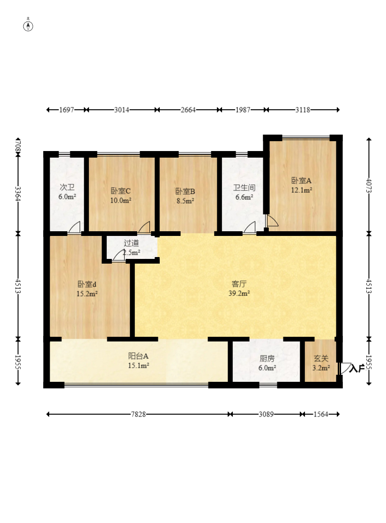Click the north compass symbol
(28, 25)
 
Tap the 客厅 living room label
(239, 284)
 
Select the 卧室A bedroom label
(301, 181)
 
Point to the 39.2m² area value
(239, 294)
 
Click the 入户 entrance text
(357, 369)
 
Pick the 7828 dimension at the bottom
(139, 414)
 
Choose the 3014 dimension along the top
(121, 110)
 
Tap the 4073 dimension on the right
(369, 185)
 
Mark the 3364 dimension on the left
(18, 193)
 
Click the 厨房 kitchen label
(267, 358)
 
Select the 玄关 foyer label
(321, 358)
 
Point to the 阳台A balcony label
(139, 356)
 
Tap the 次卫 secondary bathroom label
(67, 187)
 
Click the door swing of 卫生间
(249, 227)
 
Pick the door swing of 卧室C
(144, 227)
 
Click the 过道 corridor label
(131, 243)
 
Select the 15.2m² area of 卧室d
(87, 294)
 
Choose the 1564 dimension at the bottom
(321, 414)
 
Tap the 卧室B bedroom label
(185, 191)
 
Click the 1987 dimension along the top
(243, 110)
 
